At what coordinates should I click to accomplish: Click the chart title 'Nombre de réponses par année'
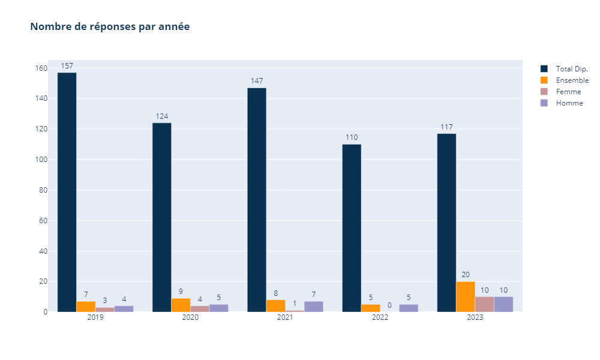point(110,27)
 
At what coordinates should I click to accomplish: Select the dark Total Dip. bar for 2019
point(67,192)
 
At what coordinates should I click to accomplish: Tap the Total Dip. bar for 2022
point(352,228)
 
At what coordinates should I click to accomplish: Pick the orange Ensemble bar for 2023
point(466,297)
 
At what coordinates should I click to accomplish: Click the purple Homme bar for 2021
point(314,307)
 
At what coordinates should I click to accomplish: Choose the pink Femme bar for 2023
point(485,304)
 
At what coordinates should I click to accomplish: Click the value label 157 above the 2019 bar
point(67,65)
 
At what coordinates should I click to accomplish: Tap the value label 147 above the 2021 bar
point(257,81)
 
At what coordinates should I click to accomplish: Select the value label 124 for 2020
point(162,116)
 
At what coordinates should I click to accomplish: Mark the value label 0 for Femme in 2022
point(389,305)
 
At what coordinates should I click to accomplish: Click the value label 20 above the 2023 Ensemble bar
point(466,275)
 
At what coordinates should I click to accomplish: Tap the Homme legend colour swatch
point(544,103)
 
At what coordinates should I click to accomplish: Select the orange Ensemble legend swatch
point(544,80)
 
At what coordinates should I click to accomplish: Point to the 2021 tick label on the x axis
point(285,317)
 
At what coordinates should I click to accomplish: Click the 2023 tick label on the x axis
point(475,317)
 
